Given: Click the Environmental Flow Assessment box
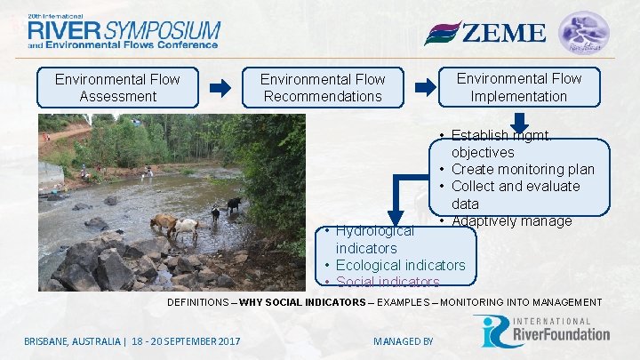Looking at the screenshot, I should coord(117,87).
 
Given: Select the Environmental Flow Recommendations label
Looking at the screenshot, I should coord(323,88).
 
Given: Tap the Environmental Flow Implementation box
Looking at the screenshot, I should coord(519,87).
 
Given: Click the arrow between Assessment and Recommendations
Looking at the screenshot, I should coord(220,88).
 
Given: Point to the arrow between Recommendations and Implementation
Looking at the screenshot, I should coord(427,87).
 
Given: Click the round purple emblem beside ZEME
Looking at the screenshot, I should coord(584,32).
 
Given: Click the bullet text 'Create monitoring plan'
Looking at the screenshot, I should coord(523,169).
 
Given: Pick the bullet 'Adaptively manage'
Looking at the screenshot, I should coord(511,220).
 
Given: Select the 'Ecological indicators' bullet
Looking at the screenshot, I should coord(400,265).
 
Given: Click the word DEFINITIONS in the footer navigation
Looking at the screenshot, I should coord(198,303).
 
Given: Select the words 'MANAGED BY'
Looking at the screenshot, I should coord(404,341).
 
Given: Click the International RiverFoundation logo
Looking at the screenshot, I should coord(541,331).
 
